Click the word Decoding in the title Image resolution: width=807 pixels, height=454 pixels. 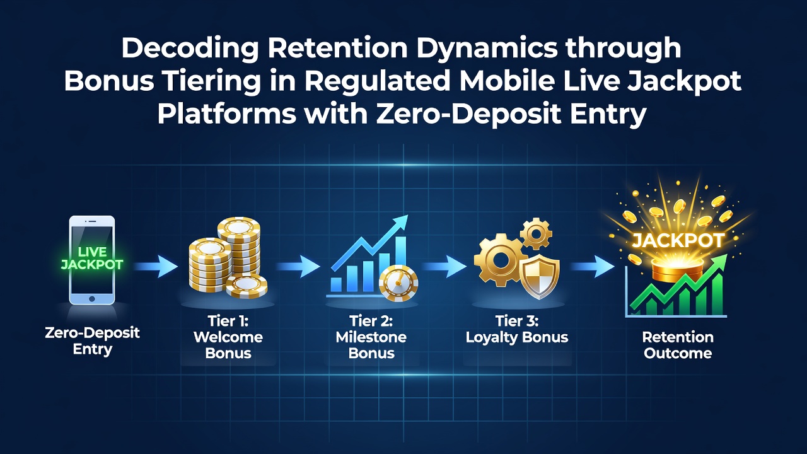(x=190, y=49)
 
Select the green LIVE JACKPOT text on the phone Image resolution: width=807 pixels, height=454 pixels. (x=92, y=259)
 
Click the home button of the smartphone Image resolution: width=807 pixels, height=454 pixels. (x=92, y=299)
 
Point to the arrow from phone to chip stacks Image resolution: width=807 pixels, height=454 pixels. (x=156, y=267)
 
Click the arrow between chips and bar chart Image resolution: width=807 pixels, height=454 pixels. (x=298, y=267)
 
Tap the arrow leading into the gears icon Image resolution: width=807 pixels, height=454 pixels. (x=444, y=267)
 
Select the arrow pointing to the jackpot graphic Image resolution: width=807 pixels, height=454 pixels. (x=592, y=267)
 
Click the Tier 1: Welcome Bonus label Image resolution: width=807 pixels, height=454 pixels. (x=228, y=337)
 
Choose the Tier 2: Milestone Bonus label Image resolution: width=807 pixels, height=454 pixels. (x=371, y=337)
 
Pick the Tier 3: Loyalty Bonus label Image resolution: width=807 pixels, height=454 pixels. (x=517, y=329)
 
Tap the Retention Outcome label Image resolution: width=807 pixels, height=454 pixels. (x=678, y=345)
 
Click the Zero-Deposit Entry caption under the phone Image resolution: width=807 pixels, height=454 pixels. (x=92, y=341)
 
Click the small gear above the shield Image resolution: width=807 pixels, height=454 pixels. (x=536, y=233)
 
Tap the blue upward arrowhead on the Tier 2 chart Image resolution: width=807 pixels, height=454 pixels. (x=400, y=221)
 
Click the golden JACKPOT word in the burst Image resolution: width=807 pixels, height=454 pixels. (x=678, y=241)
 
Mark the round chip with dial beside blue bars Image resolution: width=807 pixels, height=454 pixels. (x=398, y=283)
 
